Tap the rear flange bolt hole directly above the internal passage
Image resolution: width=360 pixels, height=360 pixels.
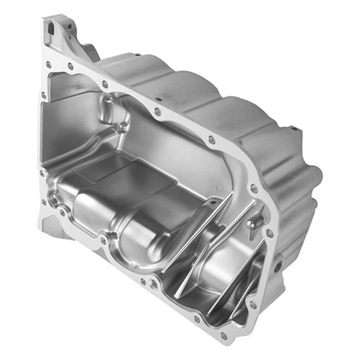(x=158, y=112)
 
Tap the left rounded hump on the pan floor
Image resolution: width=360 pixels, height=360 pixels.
(x=90, y=211)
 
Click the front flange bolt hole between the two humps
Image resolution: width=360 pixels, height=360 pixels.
(x=105, y=241)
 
